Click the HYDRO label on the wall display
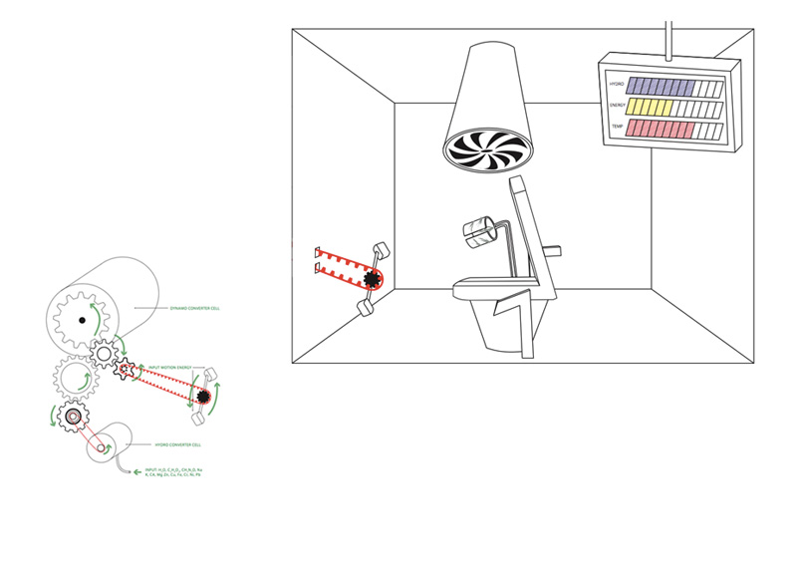pos(616,85)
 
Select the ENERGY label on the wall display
pos(618,107)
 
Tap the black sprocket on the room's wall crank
pos(373,279)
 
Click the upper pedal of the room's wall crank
pos(381,248)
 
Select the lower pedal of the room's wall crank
pos(364,309)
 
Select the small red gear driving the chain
pos(127,371)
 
